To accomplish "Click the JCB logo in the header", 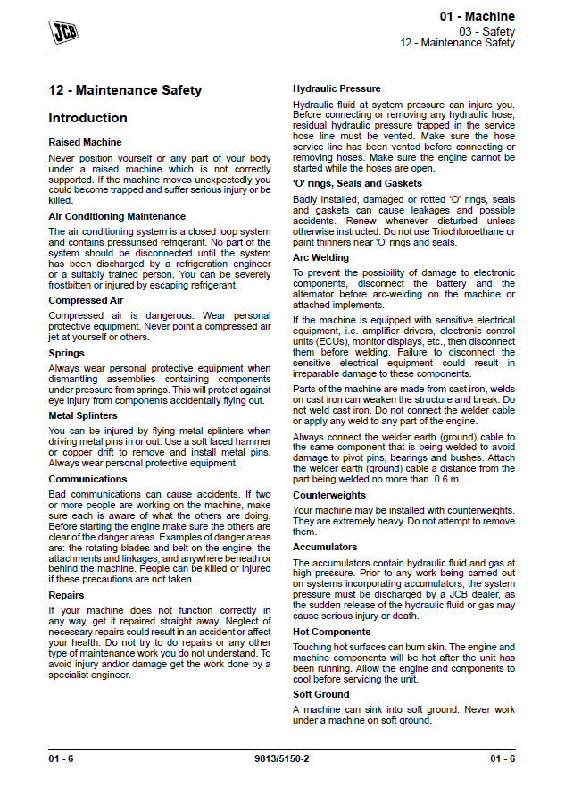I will [62, 32].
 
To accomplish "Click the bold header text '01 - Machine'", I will [477, 17].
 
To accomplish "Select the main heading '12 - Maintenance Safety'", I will [125, 90].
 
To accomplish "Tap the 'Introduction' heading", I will [87, 118].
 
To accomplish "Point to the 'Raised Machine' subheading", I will [85, 142].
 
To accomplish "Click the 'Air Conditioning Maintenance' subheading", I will [117, 216].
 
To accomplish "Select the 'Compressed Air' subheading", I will [85, 300].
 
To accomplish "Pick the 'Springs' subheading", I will [67, 353].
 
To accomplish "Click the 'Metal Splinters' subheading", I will [83, 415].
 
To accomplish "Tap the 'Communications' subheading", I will [87, 479].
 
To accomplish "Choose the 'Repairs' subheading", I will [66, 595].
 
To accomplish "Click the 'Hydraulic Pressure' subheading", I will [337, 88].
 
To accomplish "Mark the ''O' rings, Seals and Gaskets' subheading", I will [357, 183].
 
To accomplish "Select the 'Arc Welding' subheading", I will [320, 257].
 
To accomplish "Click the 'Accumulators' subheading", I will [325, 547].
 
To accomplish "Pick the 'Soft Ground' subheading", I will [321, 694].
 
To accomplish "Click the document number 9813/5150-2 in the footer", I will [282, 758].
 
